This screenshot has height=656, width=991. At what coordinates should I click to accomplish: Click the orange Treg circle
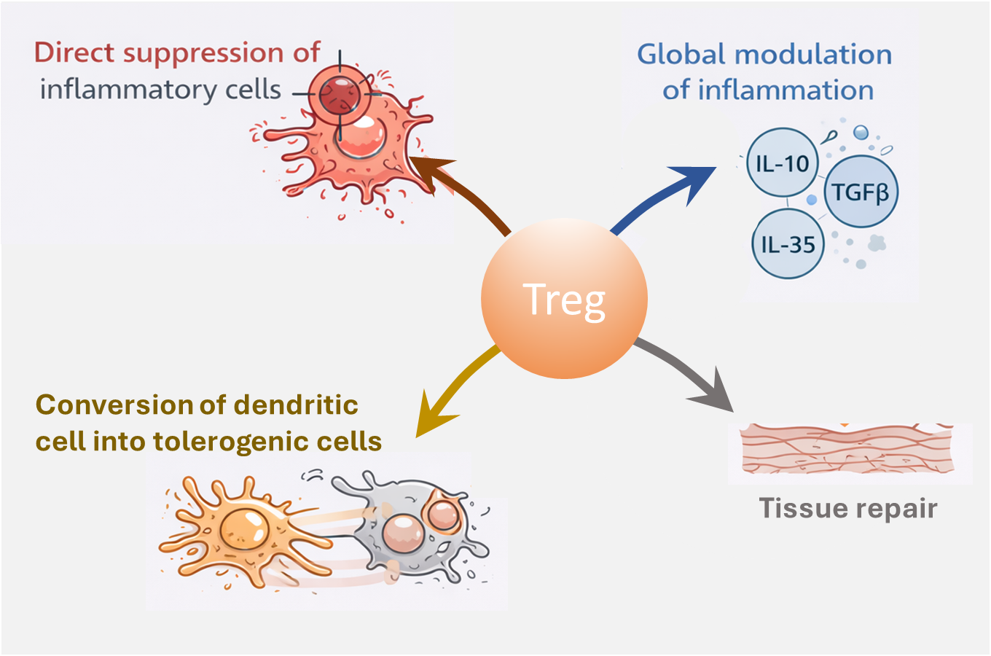(564, 299)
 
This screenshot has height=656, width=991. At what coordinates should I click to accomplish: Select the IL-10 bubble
(783, 163)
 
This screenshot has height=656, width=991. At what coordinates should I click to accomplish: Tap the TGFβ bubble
(861, 192)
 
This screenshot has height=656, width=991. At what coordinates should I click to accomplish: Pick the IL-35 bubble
(788, 244)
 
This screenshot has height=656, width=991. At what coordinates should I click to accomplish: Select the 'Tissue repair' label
(848, 508)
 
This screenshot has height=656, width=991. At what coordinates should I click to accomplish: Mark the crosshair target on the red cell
(340, 93)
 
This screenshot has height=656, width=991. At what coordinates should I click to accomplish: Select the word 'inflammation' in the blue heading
(786, 90)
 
